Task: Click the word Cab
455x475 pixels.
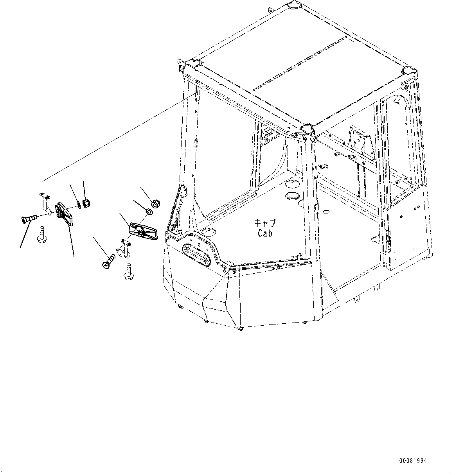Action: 265,233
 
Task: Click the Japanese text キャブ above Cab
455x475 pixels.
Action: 265,223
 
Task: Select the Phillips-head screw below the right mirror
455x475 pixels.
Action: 108,261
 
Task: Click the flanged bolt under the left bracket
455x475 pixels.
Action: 41,235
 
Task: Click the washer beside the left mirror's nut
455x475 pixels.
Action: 79,204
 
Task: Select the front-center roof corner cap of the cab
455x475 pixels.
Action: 306,129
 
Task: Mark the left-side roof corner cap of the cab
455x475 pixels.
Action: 192,63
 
